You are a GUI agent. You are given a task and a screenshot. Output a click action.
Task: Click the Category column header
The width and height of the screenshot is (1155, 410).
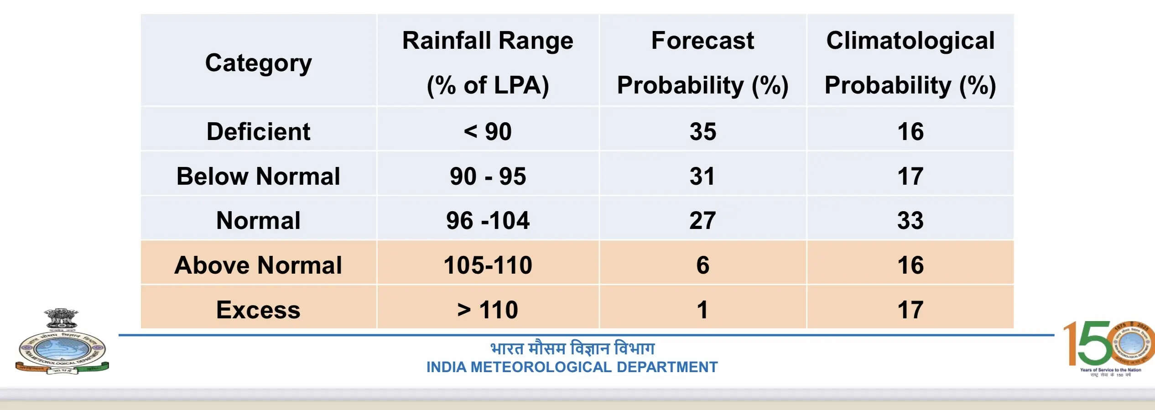click(x=258, y=62)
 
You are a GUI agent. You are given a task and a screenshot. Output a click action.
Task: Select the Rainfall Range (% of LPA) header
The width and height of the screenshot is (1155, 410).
click(x=488, y=62)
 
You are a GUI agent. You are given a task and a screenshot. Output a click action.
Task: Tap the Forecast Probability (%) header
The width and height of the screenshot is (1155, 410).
click(x=702, y=62)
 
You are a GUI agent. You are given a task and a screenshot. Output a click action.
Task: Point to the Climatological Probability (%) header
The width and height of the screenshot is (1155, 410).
click(x=910, y=62)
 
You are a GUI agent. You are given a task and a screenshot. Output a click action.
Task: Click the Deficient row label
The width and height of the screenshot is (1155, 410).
click(x=258, y=131)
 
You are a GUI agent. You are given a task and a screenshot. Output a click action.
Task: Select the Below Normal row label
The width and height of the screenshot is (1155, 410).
click(x=258, y=176)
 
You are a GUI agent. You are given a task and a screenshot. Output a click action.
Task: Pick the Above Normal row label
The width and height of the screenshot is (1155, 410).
click(x=258, y=265)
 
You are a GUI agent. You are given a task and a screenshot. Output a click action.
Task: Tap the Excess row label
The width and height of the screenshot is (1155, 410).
click(x=258, y=310)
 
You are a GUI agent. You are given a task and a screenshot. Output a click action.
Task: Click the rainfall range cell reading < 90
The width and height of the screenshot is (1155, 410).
click(x=488, y=131)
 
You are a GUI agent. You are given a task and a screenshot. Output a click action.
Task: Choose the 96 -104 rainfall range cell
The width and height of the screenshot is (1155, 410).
click(x=488, y=220)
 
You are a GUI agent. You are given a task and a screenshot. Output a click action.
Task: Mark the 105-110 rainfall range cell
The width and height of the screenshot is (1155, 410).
click(x=488, y=265)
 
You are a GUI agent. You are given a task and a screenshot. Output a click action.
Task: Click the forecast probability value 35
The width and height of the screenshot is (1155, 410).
click(x=702, y=131)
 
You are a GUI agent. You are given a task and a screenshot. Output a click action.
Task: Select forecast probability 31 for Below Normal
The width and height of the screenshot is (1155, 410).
click(x=702, y=176)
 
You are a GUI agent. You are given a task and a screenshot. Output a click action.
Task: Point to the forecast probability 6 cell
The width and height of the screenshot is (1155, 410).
click(x=702, y=265)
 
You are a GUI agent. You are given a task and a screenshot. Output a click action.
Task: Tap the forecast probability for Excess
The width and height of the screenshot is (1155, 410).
click(x=702, y=310)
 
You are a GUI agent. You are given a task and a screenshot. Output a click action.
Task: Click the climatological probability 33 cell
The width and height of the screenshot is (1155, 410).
click(x=910, y=220)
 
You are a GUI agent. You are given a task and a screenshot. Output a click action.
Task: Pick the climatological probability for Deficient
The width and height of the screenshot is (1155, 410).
click(x=910, y=131)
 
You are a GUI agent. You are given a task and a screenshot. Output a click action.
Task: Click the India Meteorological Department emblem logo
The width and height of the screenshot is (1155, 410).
click(x=62, y=342)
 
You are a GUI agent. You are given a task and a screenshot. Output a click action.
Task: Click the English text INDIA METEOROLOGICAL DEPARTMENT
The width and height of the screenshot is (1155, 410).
click(x=572, y=367)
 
